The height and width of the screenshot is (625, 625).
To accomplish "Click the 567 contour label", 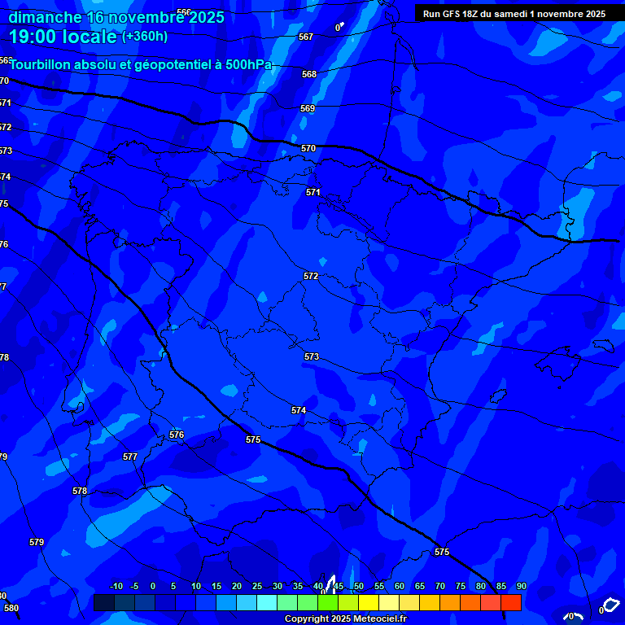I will coord(306,37).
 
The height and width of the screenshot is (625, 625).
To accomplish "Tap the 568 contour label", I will coord(309,74).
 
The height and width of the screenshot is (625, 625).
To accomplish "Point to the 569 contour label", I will coord(308,108).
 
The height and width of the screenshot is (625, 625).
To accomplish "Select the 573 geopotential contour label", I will coord(312,356).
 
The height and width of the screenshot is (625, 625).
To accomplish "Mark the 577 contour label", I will coord(130,457).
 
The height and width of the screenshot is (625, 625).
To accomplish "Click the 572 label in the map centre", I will coord(311,276).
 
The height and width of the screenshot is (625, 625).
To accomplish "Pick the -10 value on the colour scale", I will coord(116,586).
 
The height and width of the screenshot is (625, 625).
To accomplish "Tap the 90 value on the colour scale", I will coord(521,586).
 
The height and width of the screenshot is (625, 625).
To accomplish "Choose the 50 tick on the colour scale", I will coord(358,586).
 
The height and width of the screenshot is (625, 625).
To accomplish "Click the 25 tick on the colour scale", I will coord(256,586).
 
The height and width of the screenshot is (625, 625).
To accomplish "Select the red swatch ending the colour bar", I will coord(511,602).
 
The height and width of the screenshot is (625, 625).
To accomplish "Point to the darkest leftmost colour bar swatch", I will coord(104,602).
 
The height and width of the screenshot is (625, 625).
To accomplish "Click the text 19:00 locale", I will coord(63,36).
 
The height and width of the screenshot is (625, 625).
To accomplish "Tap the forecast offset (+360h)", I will coord(144,36).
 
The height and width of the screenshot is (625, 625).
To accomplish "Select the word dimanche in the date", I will coord(45,16).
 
